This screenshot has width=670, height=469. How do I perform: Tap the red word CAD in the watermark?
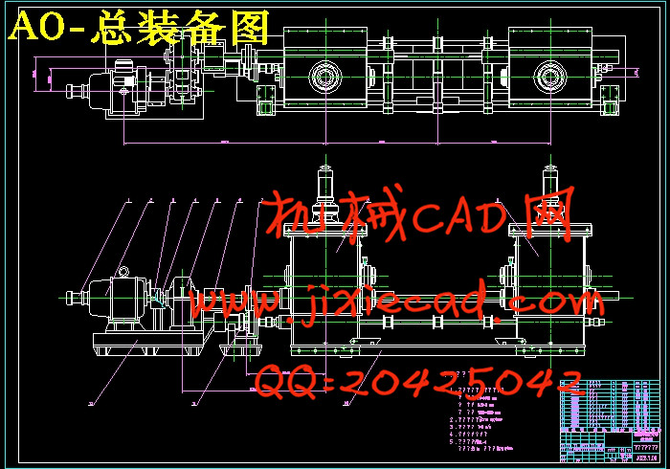pyautogui.click(x=448, y=217)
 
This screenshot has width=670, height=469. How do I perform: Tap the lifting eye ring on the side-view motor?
pyautogui.click(x=123, y=273)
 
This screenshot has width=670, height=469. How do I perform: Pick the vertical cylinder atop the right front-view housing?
pyautogui.click(x=551, y=182)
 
